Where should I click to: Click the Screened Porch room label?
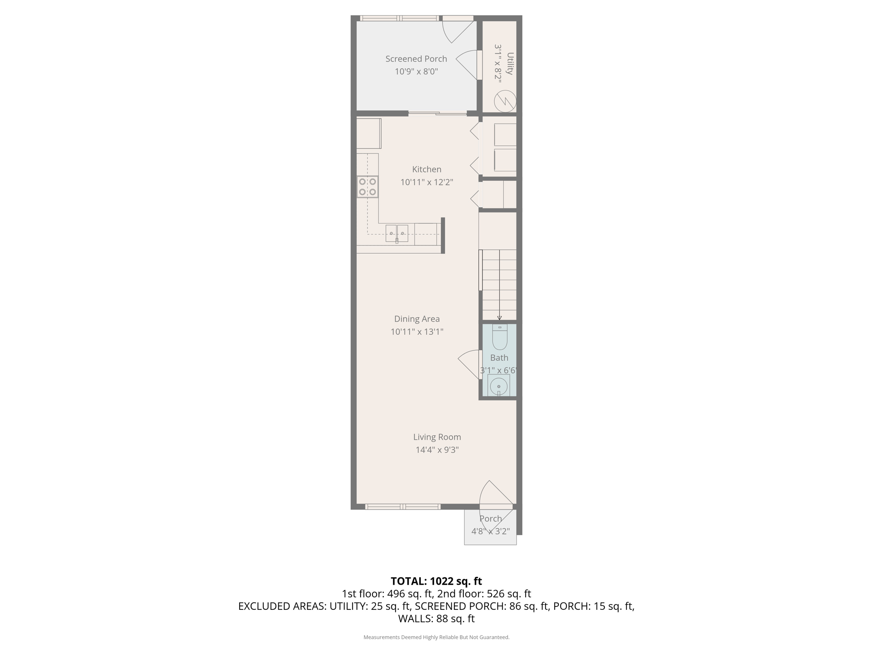click(416, 59)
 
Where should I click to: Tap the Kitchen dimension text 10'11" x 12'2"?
click(426, 182)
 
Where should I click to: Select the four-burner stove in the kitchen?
click(367, 187)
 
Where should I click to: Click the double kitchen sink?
click(397, 233)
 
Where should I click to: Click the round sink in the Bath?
click(499, 387)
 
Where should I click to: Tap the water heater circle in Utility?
click(505, 101)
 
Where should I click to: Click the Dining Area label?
click(416, 319)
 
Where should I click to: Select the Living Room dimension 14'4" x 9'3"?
click(437, 449)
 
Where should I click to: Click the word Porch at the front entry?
click(490, 519)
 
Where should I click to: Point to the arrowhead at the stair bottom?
click(500, 318)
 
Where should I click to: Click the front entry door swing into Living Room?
click(494, 495)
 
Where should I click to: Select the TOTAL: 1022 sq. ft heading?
click(436, 581)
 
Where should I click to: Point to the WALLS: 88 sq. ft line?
click(436, 618)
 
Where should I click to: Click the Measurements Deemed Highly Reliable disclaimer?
click(436, 637)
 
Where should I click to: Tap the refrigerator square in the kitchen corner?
click(369, 133)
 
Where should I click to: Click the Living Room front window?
click(403, 507)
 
